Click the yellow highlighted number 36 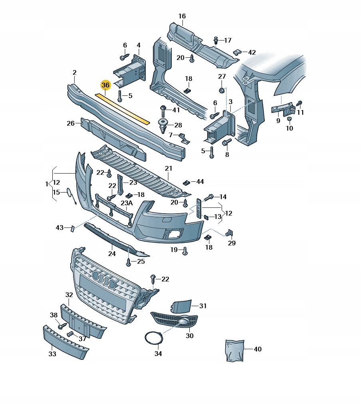coord(105,85)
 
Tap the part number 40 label coord(258,349)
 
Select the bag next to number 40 coord(234,351)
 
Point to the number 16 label coord(182,16)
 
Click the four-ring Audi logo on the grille coord(104,278)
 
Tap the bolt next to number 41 coord(163,109)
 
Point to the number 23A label coord(127,203)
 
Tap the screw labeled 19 coord(185,250)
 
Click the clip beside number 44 coord(186,182)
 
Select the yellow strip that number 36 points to coord(122,108)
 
